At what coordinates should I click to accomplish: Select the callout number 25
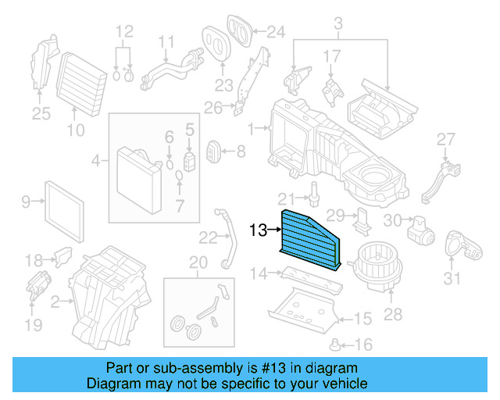[x=41, y=115]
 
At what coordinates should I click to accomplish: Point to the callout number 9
[x=25, y=202]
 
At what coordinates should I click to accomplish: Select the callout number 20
[x=198, y=262]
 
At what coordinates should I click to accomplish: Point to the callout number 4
[x=95, y=162]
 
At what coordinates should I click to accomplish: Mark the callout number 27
[x=445, y=140]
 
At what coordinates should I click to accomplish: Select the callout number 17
[x=332, y=56]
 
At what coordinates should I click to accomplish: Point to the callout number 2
[x=55, y=302]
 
